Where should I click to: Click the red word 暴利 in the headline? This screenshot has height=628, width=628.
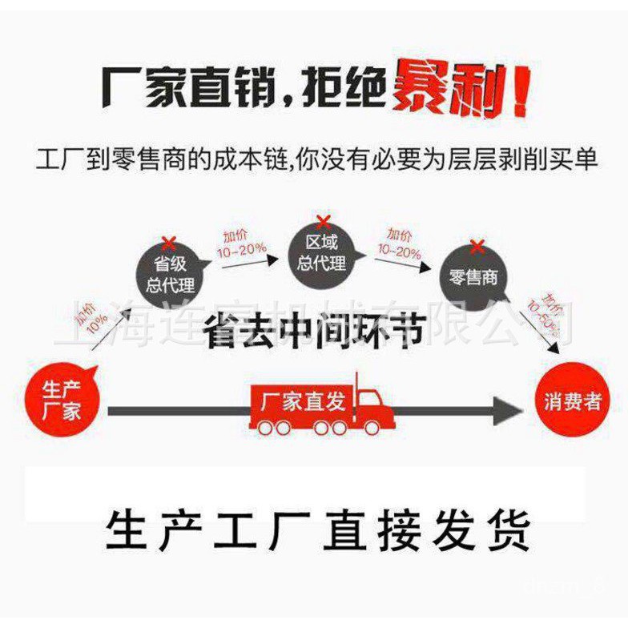click(x=441, y=91)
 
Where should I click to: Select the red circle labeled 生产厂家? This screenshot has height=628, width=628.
click(x=62, y=401)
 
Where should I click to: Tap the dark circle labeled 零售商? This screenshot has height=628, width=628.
click(x=474, y=277)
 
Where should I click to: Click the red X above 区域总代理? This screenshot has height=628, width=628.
click(x=323, y=222)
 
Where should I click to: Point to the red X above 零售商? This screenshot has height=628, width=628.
click(x=477, y=246)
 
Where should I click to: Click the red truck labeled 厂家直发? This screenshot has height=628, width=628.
click(x=320, y=409)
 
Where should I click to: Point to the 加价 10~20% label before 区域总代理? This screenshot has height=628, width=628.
click(x=240, y=242)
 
